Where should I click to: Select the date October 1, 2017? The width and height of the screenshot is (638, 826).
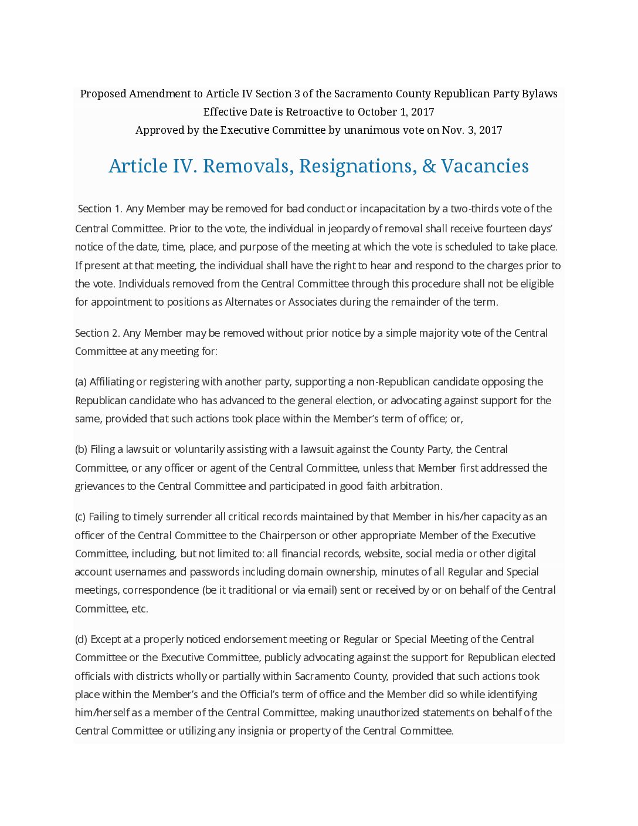[396, 112]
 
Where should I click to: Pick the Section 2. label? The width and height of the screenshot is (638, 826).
[97, 333]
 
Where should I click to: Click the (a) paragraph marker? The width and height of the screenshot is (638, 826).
[81, 382]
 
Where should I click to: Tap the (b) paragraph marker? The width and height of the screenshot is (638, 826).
[81, 449]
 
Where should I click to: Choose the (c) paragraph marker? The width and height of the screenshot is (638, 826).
[80, 517]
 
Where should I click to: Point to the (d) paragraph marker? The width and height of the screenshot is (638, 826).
[81, 639]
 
